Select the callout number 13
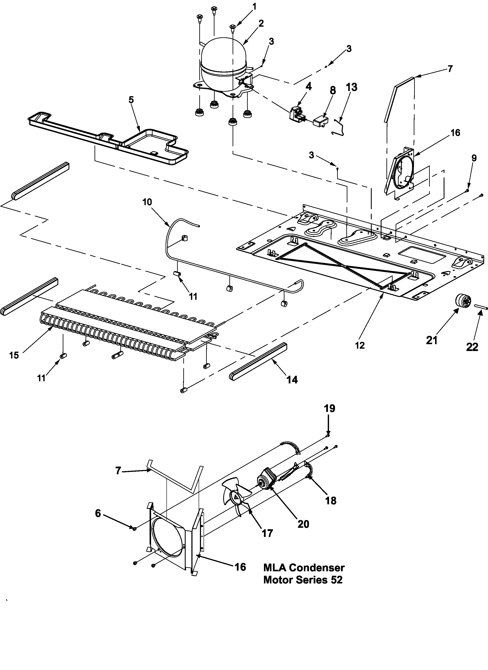tap(351, 87)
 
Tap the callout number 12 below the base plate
tap(360, 345)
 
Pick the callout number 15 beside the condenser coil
tap(14, 355)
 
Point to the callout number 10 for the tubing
tap(147, 202)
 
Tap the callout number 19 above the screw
tap(330, 409)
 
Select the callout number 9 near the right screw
tap(474, 158)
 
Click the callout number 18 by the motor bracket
tap(331, 500)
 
